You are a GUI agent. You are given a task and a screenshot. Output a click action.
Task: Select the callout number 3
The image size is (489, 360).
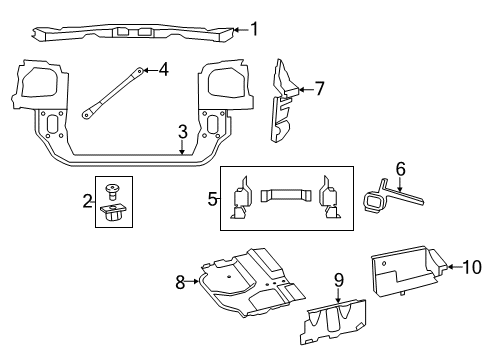(183, 131)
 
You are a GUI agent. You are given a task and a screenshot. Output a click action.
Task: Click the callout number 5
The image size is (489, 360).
(211, 199)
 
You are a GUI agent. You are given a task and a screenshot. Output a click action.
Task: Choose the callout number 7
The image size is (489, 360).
(319, 88)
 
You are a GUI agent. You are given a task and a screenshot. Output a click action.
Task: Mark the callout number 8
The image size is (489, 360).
(181, 283)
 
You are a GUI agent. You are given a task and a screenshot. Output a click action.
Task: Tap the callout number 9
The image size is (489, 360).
(338, 281)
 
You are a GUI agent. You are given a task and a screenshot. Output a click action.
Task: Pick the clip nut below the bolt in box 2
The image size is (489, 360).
(112, 211)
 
